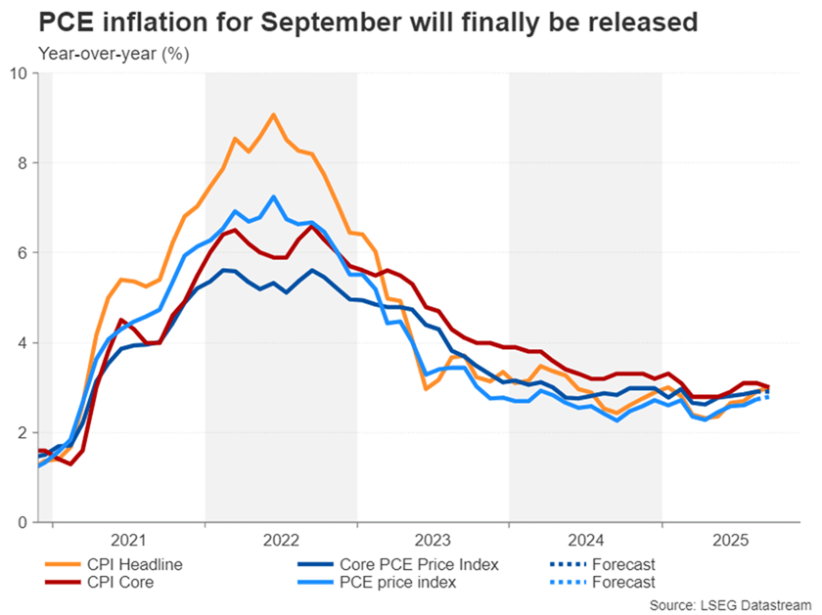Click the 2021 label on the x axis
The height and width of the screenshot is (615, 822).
click(128, 539)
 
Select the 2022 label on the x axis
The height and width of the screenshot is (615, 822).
click(280, 539)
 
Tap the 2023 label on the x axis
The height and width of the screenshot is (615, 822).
click(433, 539)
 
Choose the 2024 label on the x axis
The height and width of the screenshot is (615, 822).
click(584, 539)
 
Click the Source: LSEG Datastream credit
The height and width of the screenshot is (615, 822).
click(729, 603)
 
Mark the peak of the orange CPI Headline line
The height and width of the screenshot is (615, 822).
click(273, 114)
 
